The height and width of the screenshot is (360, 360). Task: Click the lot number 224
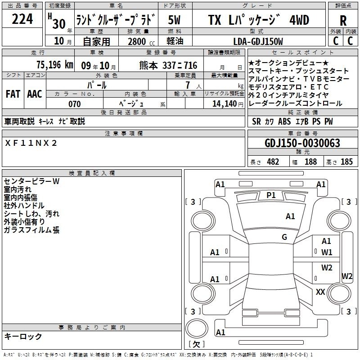coord(22,19)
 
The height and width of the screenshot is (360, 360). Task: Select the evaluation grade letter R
coord(343,21)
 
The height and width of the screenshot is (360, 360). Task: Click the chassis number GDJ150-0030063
coord(302,143)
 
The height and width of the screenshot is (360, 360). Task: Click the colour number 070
coord(75,103)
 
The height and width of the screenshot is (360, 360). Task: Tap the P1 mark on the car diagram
coord(271,195)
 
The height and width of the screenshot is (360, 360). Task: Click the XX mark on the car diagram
coord(320,292)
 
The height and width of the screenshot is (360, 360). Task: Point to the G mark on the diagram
coord(284,237)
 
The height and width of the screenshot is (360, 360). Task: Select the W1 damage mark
coord(327,252)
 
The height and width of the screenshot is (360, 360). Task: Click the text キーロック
coord(23,336)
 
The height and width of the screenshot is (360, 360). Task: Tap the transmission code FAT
coord(13,94)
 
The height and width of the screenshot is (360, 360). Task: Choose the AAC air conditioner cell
coord(35,94)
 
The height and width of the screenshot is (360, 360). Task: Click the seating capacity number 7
coord(186,85)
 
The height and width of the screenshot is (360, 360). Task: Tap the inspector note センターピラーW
coord(31,181)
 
